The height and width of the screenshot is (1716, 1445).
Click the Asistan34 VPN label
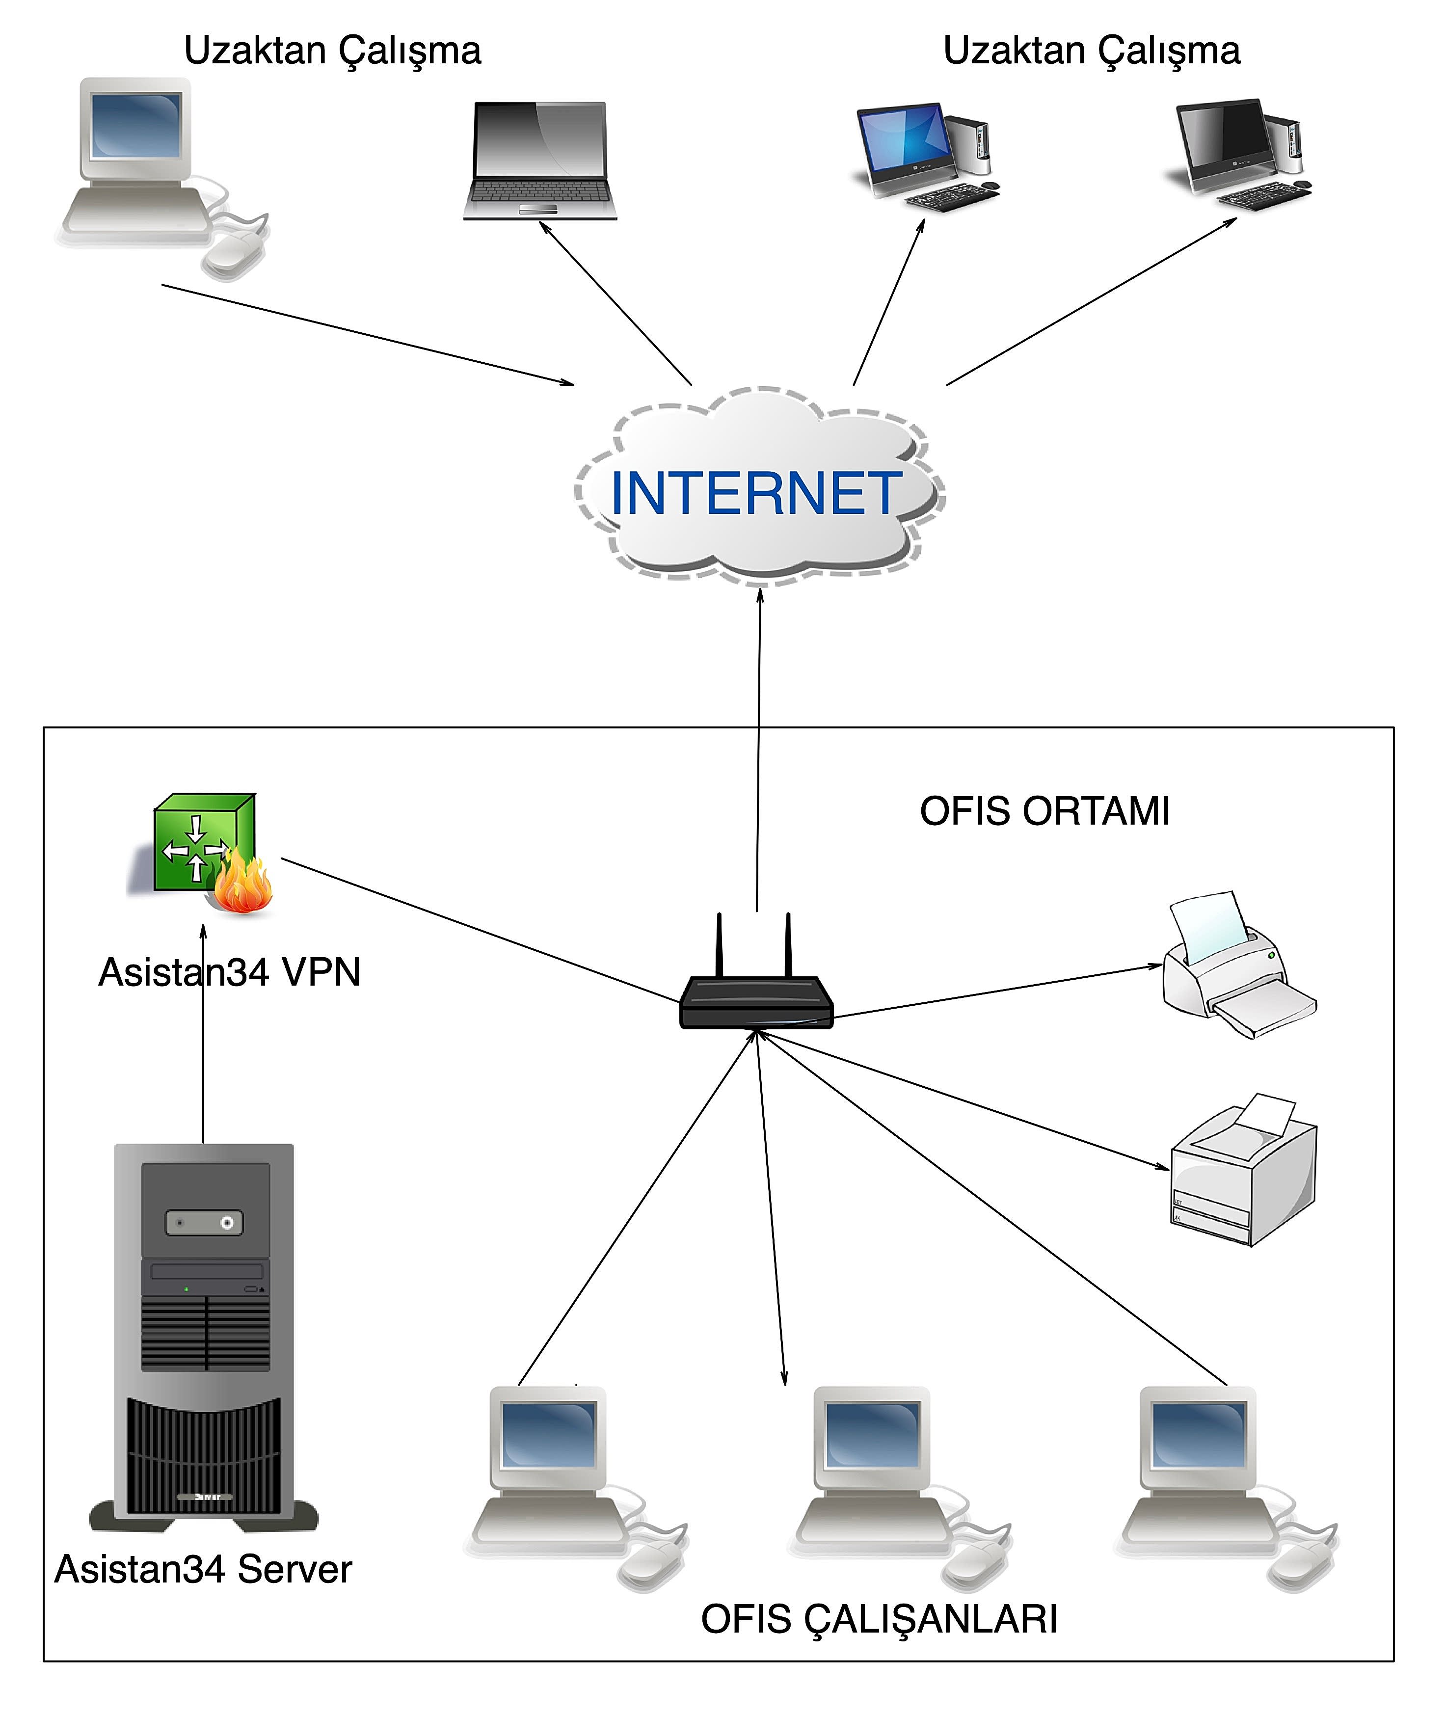pos(229,972)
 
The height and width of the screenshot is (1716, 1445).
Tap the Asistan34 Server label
pos(203,1569)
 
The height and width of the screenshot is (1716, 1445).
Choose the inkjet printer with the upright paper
pos(1233,966)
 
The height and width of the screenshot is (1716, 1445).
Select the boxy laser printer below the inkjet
pos(1241,1171)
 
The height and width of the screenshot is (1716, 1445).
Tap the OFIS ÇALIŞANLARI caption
pos(879,1619)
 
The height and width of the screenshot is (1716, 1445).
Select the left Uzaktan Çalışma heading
pos(332,51)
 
